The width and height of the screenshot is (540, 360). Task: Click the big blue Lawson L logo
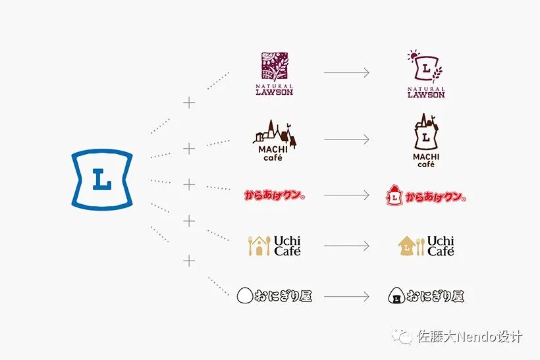(101, 180)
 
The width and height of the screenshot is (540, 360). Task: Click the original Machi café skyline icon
(275, 135)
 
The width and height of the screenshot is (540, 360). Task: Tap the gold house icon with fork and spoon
(259, 246)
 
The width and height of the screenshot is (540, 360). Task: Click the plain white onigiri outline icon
(245, 296)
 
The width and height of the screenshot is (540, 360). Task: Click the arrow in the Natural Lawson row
(346, 72)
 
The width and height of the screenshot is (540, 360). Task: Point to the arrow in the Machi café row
(346, 140)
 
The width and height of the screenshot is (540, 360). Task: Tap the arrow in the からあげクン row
(346, 195)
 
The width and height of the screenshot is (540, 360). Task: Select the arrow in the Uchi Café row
(346, 246)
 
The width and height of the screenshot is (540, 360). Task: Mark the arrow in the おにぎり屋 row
(346, 296)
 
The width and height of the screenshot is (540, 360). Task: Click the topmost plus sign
(190, 103)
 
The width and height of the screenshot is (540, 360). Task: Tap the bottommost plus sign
(190, 261)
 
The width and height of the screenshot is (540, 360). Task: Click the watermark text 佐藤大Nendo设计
(470, 336)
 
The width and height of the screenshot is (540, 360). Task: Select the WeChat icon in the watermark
(402, 336)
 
